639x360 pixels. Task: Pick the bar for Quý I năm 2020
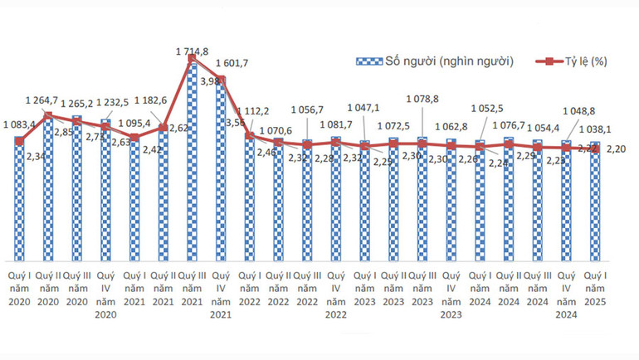tap(19, 199)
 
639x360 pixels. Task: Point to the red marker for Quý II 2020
tap(48, 116)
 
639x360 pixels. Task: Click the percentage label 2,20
tap(615, 149)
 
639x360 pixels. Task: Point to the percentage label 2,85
tap(63, 131)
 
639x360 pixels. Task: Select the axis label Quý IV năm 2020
tap(105, 294)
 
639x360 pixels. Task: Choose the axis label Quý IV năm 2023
tap(451, 294)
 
